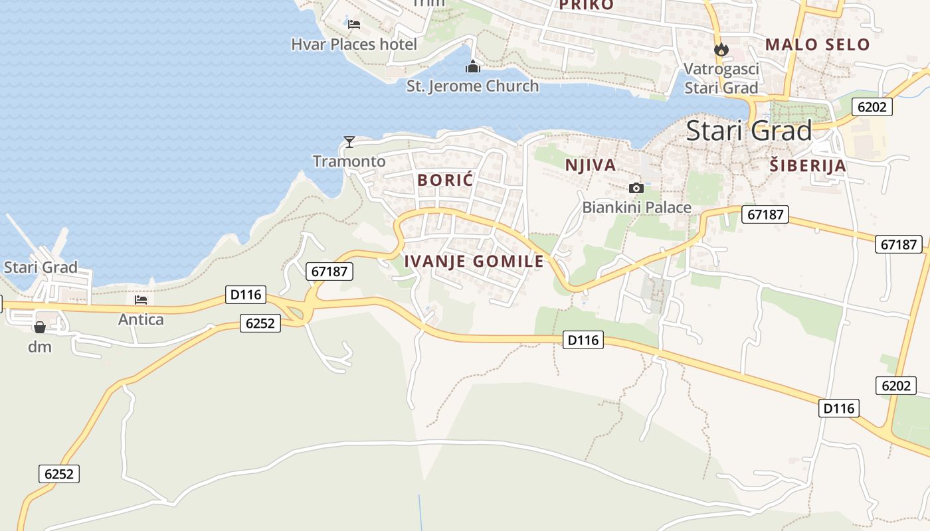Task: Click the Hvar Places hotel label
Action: point(354,44)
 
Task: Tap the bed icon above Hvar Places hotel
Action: point(354,25)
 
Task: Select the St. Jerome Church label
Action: point(472,86)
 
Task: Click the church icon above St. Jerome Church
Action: point(472,66)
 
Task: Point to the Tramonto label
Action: point(349,161)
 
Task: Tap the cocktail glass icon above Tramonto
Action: point(349,141)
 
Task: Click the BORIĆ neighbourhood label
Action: point(445,179)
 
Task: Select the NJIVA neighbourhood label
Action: point(591,165)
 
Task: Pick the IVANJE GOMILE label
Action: point(474,262)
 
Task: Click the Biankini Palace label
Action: point(636,208)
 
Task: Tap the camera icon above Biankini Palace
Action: point(636,188)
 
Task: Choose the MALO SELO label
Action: point(817,44)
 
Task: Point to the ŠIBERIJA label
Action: point(808,166)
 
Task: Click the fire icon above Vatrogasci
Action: point(721,49)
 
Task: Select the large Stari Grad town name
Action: point(749,131)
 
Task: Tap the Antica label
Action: point(141,319)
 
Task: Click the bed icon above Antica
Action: point(141,300)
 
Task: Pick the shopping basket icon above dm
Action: point(40,327)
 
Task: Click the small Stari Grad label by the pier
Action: point(41,267)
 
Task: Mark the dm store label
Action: point(40,346)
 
